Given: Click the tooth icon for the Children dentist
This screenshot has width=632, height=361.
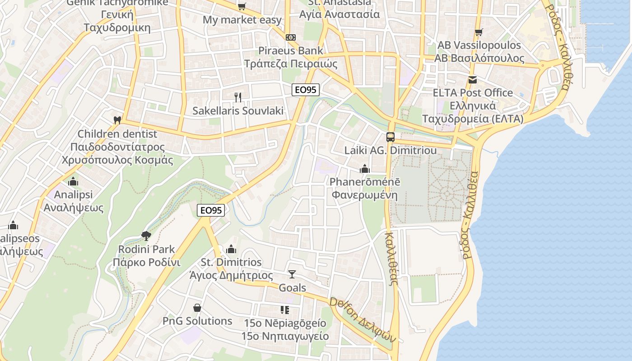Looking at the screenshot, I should (117, 120).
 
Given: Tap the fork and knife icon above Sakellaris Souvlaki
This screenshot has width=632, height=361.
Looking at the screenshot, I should (238, 97).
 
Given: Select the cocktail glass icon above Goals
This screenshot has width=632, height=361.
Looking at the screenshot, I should (292, 274).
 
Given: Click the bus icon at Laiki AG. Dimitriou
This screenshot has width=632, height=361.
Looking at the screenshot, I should (390, 137).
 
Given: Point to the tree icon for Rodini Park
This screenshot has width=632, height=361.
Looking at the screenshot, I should (146, 235).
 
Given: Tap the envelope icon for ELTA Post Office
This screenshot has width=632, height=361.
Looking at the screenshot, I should (473, 80).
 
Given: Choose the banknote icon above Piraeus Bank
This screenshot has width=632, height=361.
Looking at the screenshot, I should (291, 37).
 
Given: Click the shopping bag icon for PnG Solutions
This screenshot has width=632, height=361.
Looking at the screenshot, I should (197, 308).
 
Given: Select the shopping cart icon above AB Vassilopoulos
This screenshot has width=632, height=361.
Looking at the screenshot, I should (479, 32).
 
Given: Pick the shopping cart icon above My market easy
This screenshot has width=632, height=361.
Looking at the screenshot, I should (242, 6).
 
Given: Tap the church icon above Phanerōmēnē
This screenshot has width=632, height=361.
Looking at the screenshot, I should (364, 169).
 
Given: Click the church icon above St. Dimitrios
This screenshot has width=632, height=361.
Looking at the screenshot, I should (231, 249).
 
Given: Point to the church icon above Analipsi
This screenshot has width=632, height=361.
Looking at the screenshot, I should (73, 182).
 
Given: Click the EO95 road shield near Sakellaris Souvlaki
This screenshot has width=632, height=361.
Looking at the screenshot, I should (305, 90).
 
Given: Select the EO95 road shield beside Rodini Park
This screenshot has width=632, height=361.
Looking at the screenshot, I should (211, 210).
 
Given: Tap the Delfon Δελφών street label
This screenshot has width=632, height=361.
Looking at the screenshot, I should (362, 319).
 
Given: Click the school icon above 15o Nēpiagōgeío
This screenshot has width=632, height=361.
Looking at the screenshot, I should (284, 310).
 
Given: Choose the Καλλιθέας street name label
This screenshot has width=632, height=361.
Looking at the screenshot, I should (391, 258).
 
